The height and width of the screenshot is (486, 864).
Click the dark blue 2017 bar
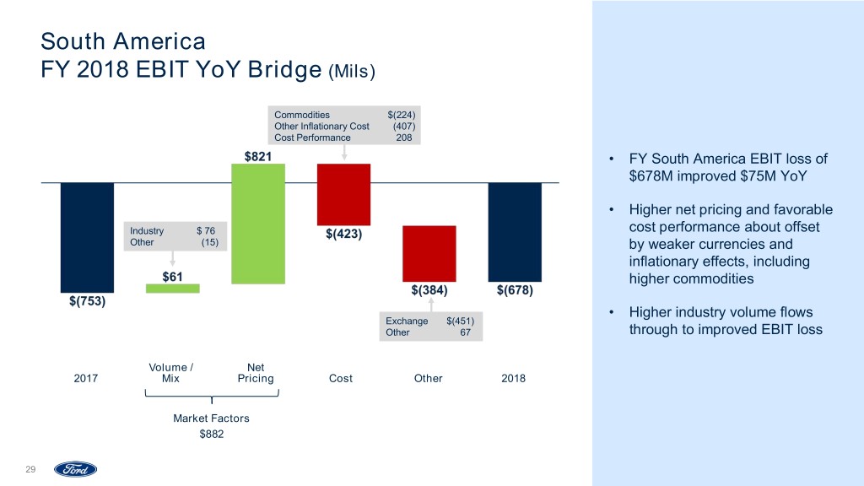[87, 237]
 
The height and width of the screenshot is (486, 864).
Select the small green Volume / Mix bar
[173, 289]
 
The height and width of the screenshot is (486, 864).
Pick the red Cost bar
[343, 193]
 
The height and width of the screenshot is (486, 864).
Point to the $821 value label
[257, 156]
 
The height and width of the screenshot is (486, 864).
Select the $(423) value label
[343, 234]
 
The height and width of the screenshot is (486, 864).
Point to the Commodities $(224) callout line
[343, 114]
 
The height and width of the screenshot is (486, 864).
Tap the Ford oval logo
[76, 469]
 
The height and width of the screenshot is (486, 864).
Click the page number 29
[30, 470]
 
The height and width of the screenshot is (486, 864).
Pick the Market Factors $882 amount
[212, 434]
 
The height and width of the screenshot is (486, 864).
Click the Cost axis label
[340, 379]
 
